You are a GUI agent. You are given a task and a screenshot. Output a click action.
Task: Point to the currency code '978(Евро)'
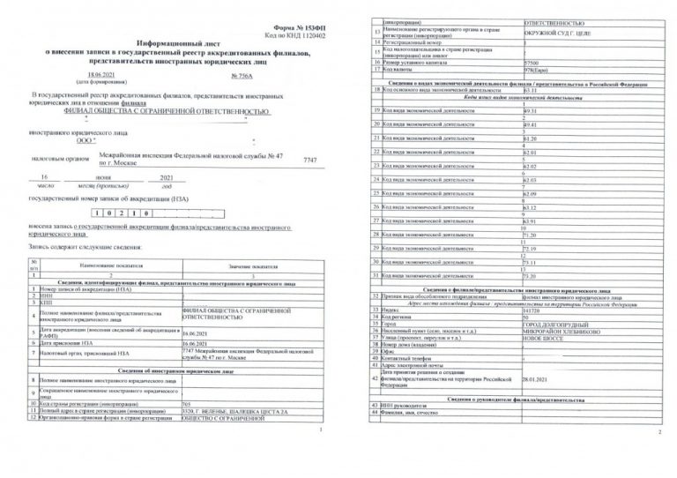[x=534, y=71]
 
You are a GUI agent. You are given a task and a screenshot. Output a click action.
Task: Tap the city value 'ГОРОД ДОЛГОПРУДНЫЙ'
[x=554, y=324]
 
